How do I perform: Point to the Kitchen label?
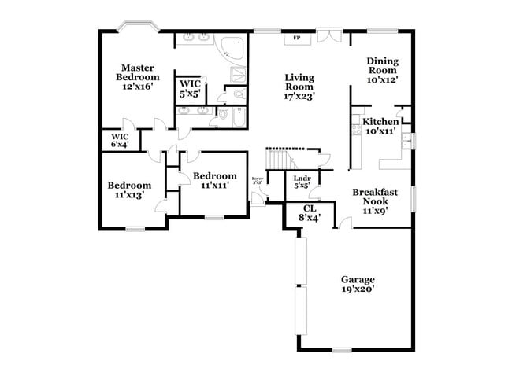click(380, 127)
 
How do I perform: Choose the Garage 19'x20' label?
click(357, 284)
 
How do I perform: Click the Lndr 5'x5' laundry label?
click(302, 182)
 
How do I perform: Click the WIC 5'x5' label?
click(191, 88)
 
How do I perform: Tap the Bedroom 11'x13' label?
click(129, 190)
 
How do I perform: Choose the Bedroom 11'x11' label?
click(214, 180)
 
